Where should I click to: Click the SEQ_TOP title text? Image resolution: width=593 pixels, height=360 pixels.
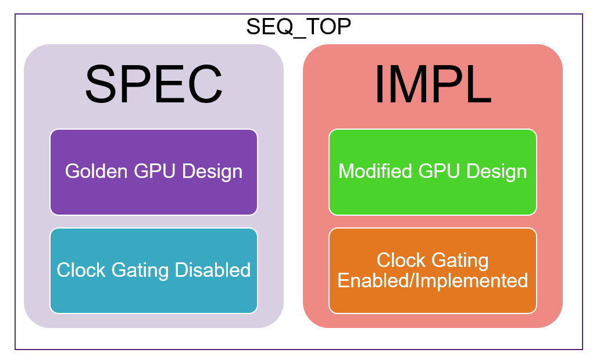[298, 27]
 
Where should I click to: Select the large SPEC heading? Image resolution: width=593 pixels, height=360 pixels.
[153, 84]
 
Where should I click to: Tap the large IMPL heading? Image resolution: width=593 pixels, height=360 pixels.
[433, 84]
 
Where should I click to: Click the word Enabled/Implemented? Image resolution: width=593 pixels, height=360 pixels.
[433, 280]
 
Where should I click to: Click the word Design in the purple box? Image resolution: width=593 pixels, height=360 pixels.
[212, 172]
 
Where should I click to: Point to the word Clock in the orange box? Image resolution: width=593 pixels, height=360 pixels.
[399, 260]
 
